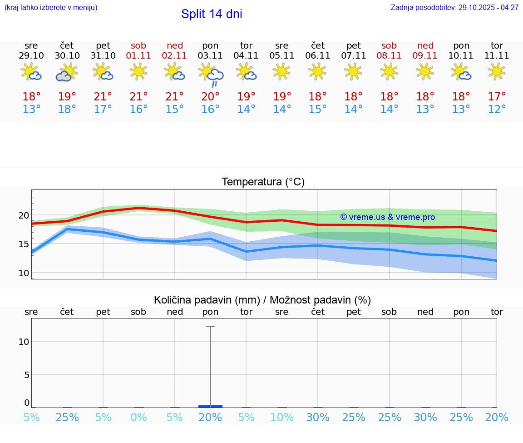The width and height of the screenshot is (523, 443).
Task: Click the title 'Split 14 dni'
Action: click(212, 14)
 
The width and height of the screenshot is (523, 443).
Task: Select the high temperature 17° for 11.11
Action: click(497, 97)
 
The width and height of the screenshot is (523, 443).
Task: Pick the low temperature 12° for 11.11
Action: click(497, 110)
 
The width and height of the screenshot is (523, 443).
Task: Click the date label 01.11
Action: click(138, 56)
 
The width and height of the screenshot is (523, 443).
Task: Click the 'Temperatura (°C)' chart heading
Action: click(263, 182)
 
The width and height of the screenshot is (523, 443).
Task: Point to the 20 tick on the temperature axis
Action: click(24, 215)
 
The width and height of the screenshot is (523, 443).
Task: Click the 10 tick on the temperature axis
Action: click(24, 273)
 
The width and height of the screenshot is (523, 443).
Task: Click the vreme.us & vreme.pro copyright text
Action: click(387, 217)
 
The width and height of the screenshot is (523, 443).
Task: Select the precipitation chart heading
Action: click(262, 300)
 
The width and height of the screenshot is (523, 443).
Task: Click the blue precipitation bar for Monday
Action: click(210, 406)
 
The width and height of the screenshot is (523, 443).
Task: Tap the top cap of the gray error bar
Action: click(210, 327)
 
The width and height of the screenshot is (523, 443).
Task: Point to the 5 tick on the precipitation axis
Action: click(26, 375)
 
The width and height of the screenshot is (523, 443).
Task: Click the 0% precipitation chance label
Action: click(138, 418)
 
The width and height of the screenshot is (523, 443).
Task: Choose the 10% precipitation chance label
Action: click(282, 418)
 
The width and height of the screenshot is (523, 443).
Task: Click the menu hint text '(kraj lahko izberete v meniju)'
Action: click(51, 8)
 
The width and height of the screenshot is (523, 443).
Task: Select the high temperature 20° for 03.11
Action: click(210, 97)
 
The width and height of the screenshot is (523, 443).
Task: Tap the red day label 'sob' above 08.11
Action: click(389, 45)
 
